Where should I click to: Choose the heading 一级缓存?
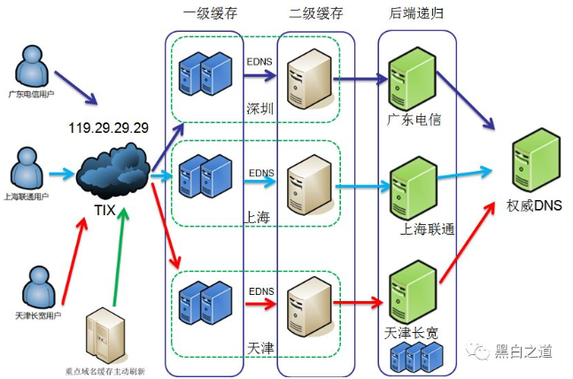(209, 13)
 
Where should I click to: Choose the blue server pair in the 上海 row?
(204, 174)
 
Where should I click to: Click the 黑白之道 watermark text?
(523, 352)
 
